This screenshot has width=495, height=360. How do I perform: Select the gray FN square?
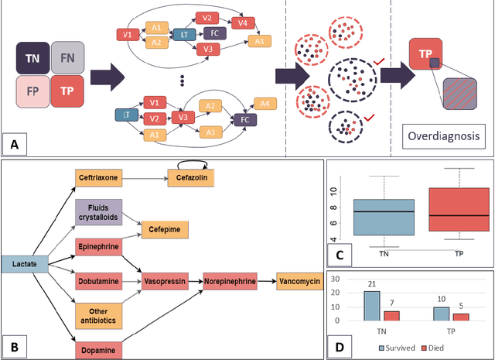point(69,59)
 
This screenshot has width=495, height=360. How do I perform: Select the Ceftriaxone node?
point(98,177)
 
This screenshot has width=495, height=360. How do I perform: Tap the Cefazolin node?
point(189,177)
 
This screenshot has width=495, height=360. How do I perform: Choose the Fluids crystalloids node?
point(98,211)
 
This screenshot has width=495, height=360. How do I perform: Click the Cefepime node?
point(164,228)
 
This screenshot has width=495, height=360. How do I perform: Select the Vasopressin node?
point(163,282)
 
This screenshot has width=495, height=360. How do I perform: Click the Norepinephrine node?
point(229,282)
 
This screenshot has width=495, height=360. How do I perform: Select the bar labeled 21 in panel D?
point(372,305)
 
